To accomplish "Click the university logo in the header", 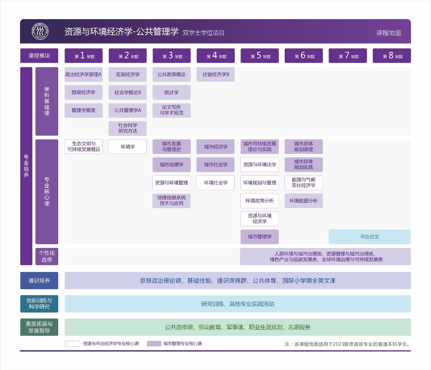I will [40, 31].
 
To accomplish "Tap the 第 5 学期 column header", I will [259, 56].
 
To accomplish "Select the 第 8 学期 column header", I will [392, 56].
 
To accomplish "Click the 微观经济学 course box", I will [83, 92].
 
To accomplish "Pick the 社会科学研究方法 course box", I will [128, 128].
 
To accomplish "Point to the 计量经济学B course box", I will [216, 75].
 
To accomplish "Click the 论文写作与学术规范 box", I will [172, 110].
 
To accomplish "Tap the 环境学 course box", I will [128, 147].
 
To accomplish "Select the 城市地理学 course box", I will [172, 165].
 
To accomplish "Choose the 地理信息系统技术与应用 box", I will [172, 201].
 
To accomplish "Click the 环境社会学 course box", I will [216, 183].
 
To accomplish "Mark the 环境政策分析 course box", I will [259, 201].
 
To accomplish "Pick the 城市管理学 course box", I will [259, 237].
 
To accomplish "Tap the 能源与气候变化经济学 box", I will [303, 183].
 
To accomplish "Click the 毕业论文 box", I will [369, 237].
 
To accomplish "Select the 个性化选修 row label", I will [47, 256].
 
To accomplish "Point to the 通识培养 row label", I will [39, 281].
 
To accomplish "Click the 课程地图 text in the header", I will [388, 33].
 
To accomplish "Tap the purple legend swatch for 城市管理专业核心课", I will [154, 344].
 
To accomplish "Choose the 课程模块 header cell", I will [39, 56].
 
